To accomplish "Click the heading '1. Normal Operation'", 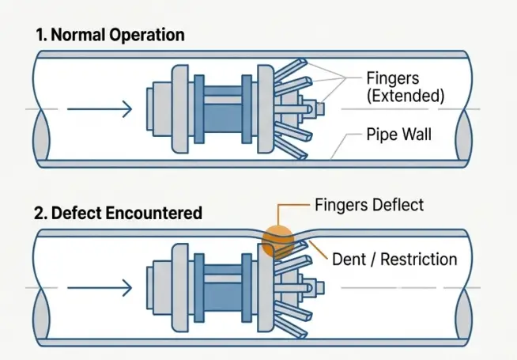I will [x=110, y=35].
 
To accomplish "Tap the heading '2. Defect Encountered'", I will [x=119, y=213].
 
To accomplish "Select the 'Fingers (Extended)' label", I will [x=406, y=86].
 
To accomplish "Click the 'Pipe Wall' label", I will [x=399, y=134].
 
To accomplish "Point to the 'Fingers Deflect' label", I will [x=369, y=205].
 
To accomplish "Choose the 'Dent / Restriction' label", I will [x=394, y=259].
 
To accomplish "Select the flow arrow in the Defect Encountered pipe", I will [x=100, y=288].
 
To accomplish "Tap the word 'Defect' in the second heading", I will [x=79, y=213].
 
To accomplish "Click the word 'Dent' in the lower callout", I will [x=349, y=259].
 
